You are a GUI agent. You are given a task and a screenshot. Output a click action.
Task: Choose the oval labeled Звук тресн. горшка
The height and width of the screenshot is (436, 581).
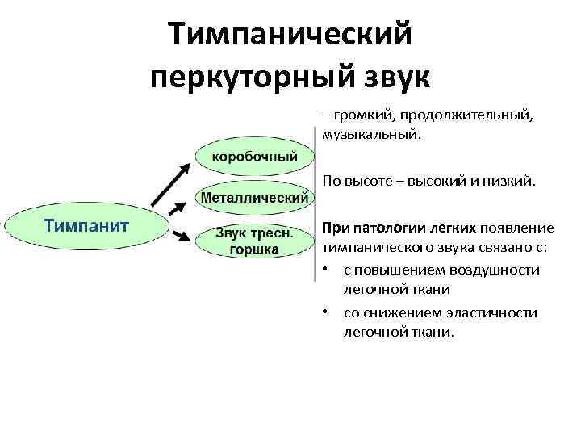pyautogui.click(x=253, y=241)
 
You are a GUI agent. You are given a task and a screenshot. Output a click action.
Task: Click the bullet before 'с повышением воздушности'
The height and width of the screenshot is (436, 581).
pyautogui.click(x=325, y=270)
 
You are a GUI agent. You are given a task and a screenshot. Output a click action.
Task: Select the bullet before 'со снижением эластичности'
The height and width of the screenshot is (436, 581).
pyautogui.click(x=325, y=312)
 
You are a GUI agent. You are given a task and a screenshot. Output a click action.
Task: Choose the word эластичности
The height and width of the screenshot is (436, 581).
pyautogui.click(x=491, y=312)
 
